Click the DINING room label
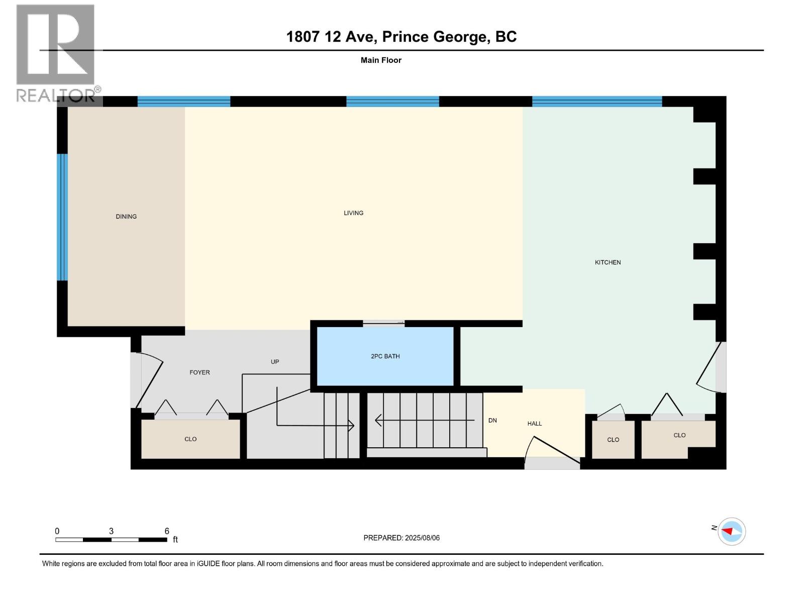point(126,217)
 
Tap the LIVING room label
point(353,213)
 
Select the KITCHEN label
point(608,262)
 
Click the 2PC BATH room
point(385,356)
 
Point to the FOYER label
point(199,372)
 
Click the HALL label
point(534,424)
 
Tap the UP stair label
point(275,362)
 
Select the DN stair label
point(492,421)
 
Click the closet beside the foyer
point(190,439)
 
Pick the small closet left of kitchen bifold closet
point(613,440)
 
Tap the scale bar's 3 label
point(111,531)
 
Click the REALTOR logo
point(56,53)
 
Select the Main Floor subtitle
point(381,60)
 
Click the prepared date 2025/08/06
point(422,538)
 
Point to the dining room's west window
point(62,217)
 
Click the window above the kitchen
point(597,102)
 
